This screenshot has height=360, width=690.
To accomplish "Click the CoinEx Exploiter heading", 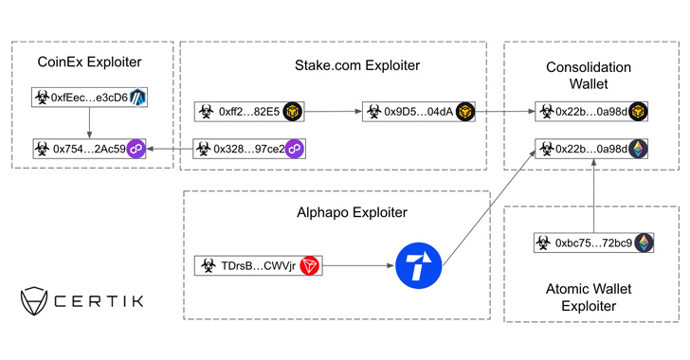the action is coord(89,63).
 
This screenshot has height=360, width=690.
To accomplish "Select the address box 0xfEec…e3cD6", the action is coord(89,98).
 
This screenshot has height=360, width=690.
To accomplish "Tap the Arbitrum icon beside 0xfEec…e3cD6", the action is coord(137,98).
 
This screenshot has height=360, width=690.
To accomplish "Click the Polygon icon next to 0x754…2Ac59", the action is coord(136,149).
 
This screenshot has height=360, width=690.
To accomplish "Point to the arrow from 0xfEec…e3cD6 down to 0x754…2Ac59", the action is coord(89,123).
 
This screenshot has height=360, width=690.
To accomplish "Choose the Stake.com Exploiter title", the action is coord(357,65).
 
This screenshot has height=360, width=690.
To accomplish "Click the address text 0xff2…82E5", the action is coord(249,112).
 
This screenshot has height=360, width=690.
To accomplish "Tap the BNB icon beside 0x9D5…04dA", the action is coord(465,112).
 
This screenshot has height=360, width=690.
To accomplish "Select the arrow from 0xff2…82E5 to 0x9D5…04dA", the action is coord(333,112).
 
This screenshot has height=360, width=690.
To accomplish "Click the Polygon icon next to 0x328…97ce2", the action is coord(295,149).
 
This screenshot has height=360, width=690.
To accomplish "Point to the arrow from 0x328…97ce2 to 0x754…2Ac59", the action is coord(170,149).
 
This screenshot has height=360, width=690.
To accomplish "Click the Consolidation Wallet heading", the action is coord(589,75).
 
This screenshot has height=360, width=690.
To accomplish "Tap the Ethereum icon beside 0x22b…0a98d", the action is coord(638,149).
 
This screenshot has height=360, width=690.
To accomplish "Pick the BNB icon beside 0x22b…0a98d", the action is coord(638,112).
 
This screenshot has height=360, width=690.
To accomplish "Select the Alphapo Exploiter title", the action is coord(352,212).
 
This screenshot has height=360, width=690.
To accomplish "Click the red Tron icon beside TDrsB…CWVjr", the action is coord(309,266).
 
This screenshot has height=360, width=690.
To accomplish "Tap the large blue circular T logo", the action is coord(419,265).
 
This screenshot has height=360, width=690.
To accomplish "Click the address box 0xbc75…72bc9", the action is coord(593,243).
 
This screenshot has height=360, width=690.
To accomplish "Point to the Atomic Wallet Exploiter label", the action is coord(589,297).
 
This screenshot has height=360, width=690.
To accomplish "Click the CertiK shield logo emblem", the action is coord(34,301).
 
